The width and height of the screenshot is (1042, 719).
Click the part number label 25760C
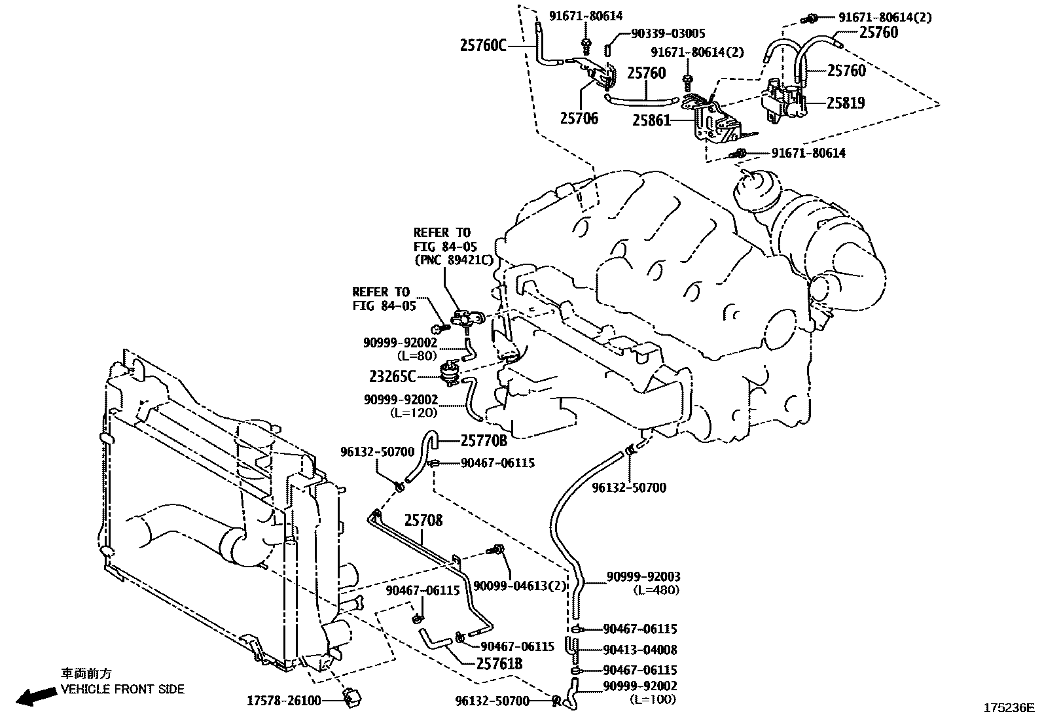[x=483, y=45]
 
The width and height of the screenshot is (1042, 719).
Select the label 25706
[x=579, y=119]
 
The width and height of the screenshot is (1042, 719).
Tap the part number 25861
[x=651, y=120]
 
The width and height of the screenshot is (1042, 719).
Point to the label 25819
[x=845, y=103]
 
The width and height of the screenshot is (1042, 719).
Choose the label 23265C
[x=391, y=376]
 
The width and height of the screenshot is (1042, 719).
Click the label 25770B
[x=484, y=440]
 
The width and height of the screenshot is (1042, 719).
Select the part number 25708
[x=423, y=521]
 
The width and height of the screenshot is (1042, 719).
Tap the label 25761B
[x=499, y=664]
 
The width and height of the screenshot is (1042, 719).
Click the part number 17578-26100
[x=283, y=701]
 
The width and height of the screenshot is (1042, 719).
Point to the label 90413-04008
[x=640, y=650]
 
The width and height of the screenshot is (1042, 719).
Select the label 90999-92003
[x=643, y=576]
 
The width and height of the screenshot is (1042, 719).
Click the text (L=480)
[x=656, y=589]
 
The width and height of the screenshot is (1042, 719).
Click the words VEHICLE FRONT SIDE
[x=122, y=689]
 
